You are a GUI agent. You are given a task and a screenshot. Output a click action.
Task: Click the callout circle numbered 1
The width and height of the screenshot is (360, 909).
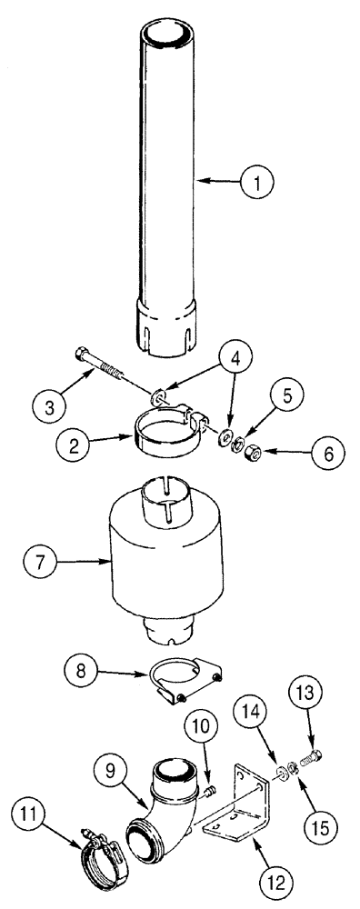click(x=256, y=182)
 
